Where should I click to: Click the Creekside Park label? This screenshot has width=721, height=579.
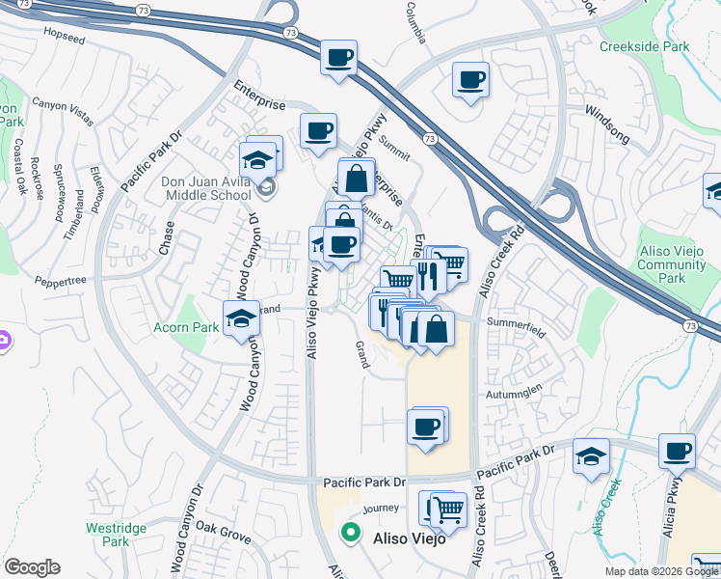point(644,46)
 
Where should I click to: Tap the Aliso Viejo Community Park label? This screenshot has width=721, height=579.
point(672,264)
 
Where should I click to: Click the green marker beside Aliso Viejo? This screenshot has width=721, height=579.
point(352,531)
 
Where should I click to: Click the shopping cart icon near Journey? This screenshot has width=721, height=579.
point(444,508)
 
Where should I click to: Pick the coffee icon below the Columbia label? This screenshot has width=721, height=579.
point(470,80)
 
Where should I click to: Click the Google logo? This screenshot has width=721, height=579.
point(32,567)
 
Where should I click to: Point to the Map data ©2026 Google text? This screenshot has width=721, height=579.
point(660,571)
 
